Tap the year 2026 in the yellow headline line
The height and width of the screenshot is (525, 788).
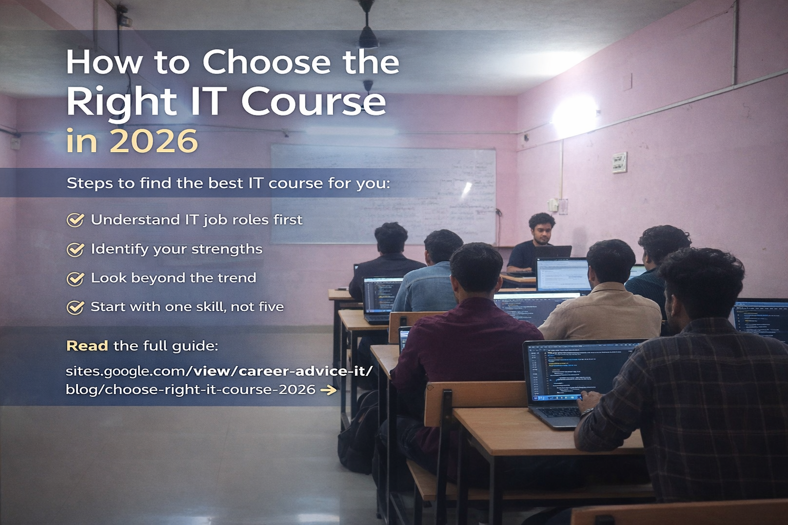pyautogui.click(x=153, y=141)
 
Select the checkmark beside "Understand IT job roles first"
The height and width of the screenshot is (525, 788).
pyautogui.click(x=75, y=220)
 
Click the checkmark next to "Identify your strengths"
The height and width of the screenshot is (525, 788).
pyautogui.click(x=75, y=249)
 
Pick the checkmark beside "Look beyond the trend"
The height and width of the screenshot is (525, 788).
pyautogui.click(x=75, y=278)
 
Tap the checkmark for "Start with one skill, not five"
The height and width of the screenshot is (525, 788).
pyautogui.click(x=75, y=307)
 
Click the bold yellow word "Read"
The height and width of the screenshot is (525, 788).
pyautogui.click(x=87, y=346)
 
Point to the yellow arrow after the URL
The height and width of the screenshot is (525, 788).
pyautogui.click(x=328, y=390)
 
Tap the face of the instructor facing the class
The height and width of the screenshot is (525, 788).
pyautogui.click(x=543, y=230)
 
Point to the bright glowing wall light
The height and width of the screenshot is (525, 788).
pyautogui.click(x=573, y=115)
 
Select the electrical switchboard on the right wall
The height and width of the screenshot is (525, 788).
pyautogui.click(x=619, y=162)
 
